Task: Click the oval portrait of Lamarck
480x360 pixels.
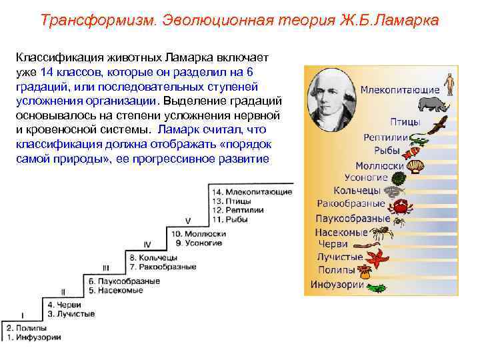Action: point(331,96)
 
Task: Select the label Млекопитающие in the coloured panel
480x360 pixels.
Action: point(400,90)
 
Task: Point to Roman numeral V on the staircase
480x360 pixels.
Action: point(188,220)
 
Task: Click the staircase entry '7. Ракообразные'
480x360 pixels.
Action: point(163,267)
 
